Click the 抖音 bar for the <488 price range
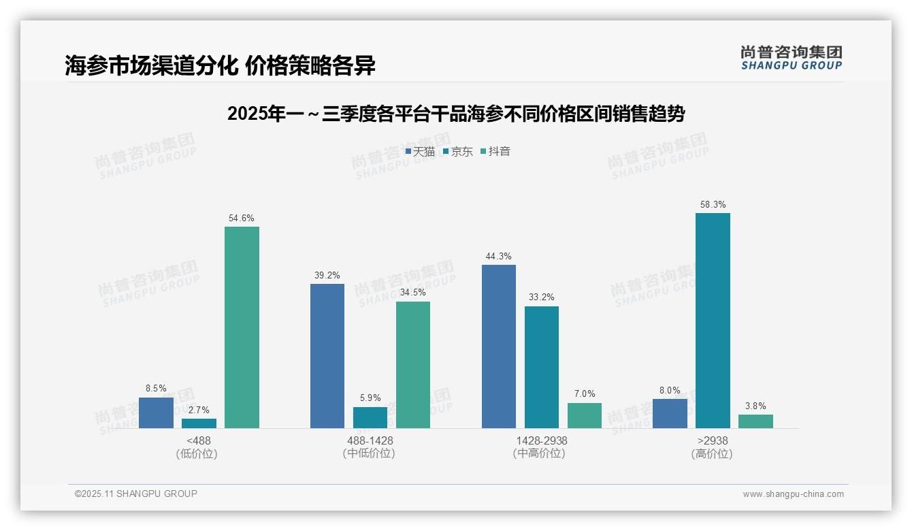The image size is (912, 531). point(242,327)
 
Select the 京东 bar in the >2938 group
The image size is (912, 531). point(713,321)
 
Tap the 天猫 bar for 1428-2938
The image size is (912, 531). point(499,347)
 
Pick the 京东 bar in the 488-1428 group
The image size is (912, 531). point(370,417)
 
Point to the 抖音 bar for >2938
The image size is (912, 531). point(755,421)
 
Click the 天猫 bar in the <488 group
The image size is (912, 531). point(156,413)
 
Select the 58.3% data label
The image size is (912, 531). point(713,204)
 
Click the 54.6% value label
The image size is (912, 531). point(242,219)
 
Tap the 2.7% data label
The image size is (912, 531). point(199,410)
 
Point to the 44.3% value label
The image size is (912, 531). point(499,257)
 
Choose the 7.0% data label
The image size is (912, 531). point(585,394)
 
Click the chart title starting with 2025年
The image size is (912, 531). point(455,114)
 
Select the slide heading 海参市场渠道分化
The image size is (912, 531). point(221,65)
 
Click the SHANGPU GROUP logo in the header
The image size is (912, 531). point(792,58)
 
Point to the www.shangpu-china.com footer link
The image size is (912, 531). point(793,494)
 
